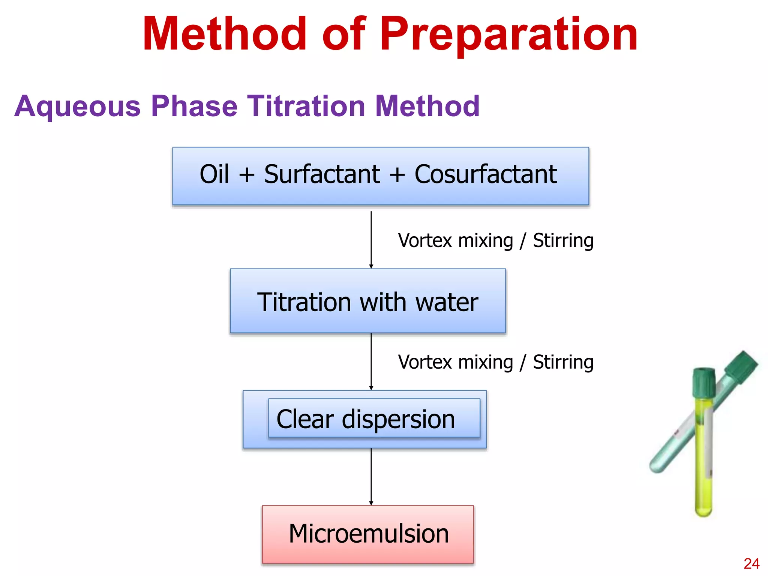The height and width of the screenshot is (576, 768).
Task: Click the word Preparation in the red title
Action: click(509, 34)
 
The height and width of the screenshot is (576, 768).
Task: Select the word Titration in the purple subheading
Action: click(306, 106)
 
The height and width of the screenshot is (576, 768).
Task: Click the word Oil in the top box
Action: click(214, 174)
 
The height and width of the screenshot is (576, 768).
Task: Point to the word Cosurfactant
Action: click(485, 174)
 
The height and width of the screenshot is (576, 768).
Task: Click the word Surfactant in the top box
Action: click(322, 174)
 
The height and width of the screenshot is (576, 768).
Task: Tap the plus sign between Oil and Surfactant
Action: click(246, 175)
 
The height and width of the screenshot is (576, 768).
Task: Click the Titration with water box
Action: click(367, 301)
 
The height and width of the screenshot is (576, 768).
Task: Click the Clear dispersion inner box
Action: click(374, 418)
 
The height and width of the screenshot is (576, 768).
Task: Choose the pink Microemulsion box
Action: click(368, 534)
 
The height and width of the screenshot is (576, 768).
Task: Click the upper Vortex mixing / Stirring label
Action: click(496, 240)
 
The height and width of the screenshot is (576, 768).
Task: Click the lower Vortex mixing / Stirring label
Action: click(496, 362)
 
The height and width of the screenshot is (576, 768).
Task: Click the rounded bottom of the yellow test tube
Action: click(703, 511)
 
